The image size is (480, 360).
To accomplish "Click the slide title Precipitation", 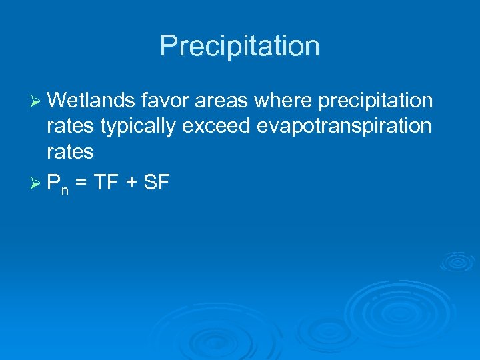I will pos(240,46).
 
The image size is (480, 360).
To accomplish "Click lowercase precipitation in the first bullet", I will pos(377,102).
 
